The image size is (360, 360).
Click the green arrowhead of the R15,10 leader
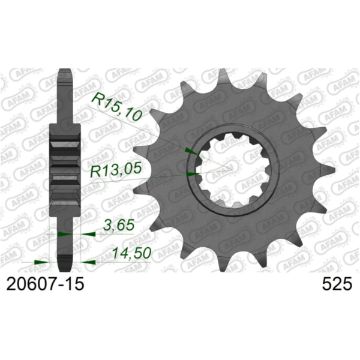(189, 149)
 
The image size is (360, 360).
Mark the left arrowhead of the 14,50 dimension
(42, 262)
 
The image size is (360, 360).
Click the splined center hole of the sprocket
(228, 169)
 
